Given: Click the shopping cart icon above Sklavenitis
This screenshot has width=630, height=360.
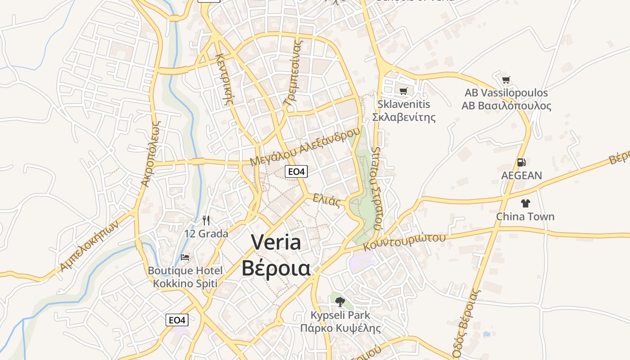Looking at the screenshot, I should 403,91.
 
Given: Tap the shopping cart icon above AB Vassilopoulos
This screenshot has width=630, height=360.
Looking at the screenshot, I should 506,80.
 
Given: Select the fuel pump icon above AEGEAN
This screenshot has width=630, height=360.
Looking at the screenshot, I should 521,162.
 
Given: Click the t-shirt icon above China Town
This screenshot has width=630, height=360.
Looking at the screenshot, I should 525,203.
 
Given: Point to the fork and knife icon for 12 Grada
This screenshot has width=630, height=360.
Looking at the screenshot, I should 206,220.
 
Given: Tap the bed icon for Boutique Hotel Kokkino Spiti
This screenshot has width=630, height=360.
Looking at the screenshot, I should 185,258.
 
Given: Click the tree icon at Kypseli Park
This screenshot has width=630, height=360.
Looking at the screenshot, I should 340,302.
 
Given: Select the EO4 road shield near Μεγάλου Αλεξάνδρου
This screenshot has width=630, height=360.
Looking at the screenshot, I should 297,171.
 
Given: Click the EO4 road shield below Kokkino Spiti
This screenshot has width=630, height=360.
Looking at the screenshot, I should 177,320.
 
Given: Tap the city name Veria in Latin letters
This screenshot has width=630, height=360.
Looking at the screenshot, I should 276,243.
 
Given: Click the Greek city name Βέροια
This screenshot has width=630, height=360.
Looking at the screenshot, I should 276,268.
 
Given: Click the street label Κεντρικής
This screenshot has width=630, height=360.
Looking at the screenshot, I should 224,79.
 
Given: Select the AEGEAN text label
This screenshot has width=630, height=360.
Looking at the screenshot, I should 522,175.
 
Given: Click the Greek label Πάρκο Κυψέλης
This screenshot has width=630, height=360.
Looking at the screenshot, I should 340,328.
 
